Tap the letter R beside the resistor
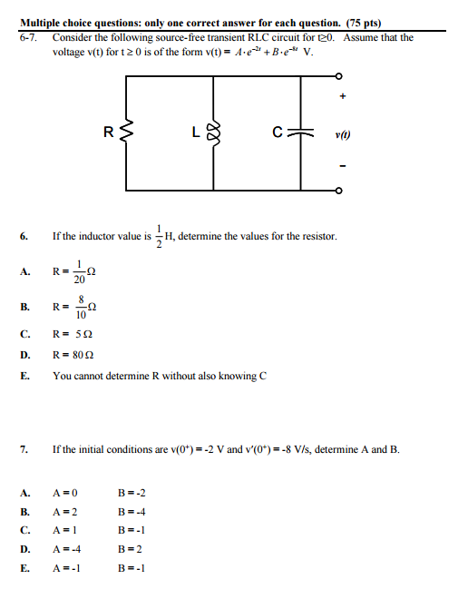tap(109, 134)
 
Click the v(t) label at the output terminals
tap(342, 136)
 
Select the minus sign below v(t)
tap(343, 168)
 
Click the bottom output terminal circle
tap(338, 192)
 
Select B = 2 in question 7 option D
tap(131, 549)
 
